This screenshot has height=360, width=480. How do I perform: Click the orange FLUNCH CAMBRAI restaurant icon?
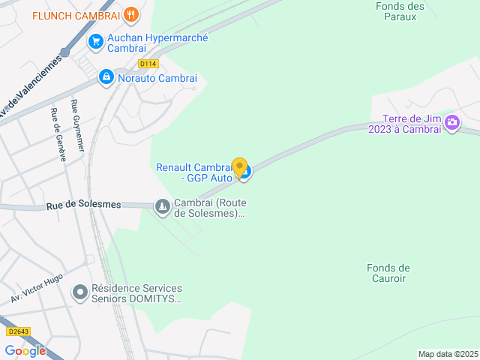point(131,14)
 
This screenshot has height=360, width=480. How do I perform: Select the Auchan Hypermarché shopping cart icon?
point(95,42)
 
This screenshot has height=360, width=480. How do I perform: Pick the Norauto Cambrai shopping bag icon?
point(106,77)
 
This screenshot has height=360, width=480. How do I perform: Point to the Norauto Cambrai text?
point(157,78)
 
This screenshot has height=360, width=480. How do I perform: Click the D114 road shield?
point(148,64)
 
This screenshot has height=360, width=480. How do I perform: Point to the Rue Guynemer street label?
point(76,127)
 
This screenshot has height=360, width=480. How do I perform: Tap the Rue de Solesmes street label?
point(73,205)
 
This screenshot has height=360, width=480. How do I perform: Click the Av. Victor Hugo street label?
point(37,286)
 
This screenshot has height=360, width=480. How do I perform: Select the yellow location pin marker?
point(239,168)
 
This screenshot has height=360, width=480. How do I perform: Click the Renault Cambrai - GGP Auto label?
point(194,172)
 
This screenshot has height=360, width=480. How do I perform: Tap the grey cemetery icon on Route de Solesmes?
point(162,205)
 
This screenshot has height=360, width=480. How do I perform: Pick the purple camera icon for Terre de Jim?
point(452,122)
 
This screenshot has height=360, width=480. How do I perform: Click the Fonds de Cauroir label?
point(388,273)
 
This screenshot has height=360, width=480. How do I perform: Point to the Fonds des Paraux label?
point(400,11)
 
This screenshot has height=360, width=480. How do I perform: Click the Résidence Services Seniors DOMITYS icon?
point(79,292)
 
